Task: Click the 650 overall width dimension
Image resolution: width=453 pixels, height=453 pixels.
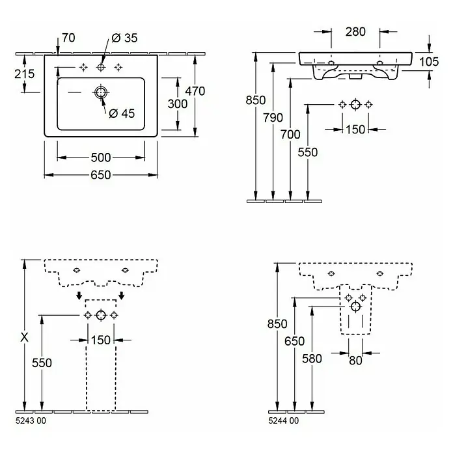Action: [100, 175]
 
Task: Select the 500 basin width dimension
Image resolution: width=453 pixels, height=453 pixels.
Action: [100, 158]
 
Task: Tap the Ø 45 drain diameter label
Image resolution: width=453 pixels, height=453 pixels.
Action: [122, 113]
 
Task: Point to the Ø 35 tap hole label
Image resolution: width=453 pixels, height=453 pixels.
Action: [124, 38]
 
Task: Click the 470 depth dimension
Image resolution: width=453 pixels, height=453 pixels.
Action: [195, 91]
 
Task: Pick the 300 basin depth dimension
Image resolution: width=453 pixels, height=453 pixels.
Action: [178, 103]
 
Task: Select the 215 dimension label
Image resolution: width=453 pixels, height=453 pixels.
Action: [25, 74]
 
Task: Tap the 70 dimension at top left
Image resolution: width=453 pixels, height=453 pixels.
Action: [68, 38]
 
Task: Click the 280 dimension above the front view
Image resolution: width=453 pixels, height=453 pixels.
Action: [355, 32]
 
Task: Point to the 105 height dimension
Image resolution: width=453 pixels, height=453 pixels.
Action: [429, 62]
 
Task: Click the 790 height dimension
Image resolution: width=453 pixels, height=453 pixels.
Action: [273, 118]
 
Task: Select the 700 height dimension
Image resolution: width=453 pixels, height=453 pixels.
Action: [290, 134]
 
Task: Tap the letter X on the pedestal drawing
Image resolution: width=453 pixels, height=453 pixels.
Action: [25, 337]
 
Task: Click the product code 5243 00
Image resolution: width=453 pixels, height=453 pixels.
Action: [31, 420]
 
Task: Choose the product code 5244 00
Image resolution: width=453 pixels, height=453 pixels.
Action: [283, 420]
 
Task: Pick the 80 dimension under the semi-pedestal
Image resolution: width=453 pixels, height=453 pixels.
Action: [355, 361]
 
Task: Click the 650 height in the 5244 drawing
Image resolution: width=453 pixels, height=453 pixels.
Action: [294, 341]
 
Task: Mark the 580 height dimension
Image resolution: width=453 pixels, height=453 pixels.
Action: [312, 359]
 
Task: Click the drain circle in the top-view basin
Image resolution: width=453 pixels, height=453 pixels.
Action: [101, 92]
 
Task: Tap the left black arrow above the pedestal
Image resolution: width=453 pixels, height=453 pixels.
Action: [79, 295]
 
